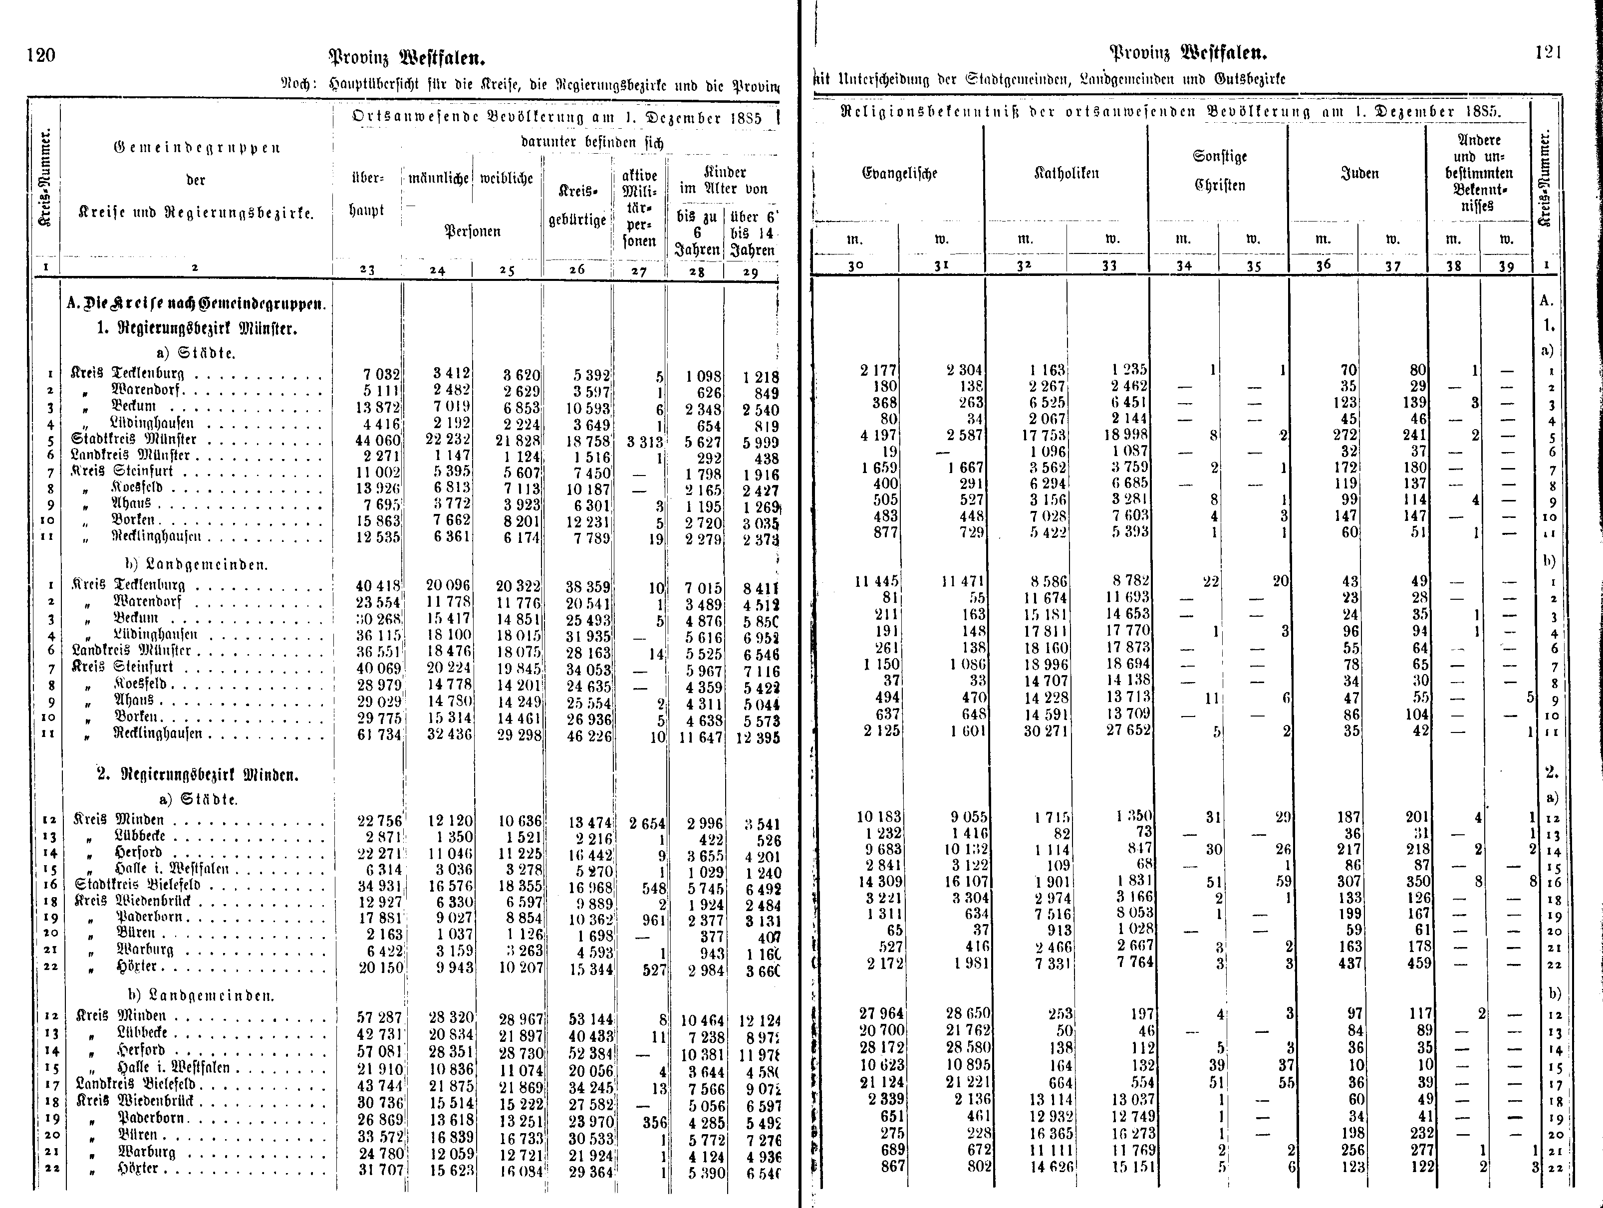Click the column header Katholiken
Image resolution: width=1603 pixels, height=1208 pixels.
tap(1066, 173)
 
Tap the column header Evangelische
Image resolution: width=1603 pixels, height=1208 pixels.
tap(899, 173)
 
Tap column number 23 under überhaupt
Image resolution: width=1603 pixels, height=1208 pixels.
tap(367, 269)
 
